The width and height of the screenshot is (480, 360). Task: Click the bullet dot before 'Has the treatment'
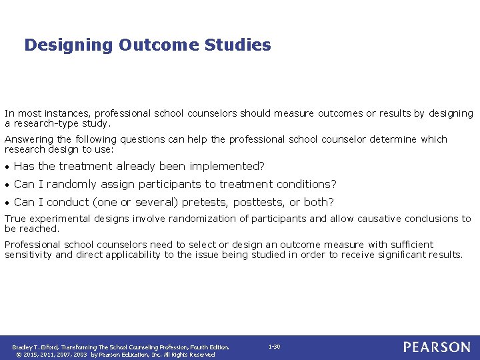[x=7, y=167]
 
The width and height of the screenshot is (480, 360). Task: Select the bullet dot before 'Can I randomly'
[x=7, y=185]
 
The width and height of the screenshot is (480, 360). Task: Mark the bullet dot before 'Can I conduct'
[x=7, y=203]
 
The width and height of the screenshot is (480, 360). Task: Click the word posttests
[x=261, y=202]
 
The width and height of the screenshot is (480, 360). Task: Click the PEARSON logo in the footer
[x=436, y=347]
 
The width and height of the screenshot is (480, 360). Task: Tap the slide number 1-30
[x=274, y=347]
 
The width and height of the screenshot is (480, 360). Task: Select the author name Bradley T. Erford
[x=35, y=347]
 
